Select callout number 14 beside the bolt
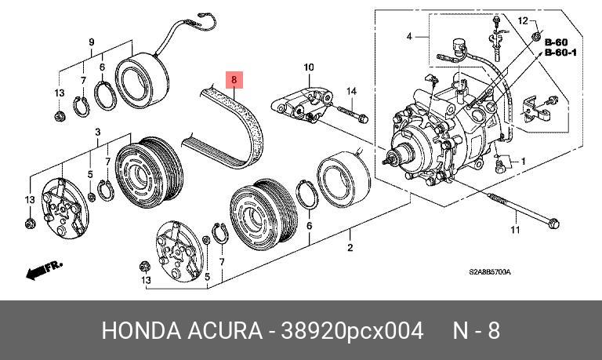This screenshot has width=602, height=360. click(x=352, y=92)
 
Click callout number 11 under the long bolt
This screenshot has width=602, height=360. click(x=515, y=230)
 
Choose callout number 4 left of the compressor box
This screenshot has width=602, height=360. click(x=408, y=37)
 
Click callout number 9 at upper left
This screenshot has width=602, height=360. click(x=91, y=42)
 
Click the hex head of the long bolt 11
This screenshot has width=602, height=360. click(x=551, y=224)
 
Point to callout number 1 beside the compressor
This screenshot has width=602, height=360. click(x=523, y=163)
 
